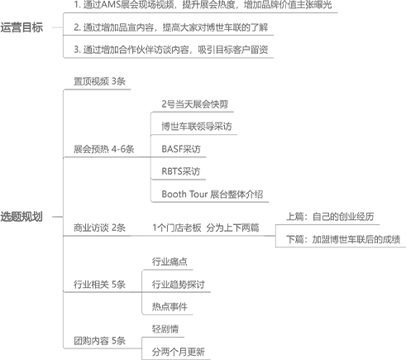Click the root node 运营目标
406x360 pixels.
pyautogui.click(x=21, y=27)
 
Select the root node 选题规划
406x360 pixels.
pyautogui.click(x=21, y=217)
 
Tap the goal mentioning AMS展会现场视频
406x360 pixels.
pyautogui.click(x=203, y=5)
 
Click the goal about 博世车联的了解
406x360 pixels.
pyautogui.click(x=171, y=27)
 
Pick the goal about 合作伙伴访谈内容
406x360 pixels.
pyautogui.click(x=171, y=50)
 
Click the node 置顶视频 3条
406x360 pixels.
pyautogui.click(x=99, y=81)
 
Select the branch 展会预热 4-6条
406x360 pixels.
pyautogui.click(x=104, y=149)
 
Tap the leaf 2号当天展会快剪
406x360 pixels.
pyautogui.click(x=195, y=104)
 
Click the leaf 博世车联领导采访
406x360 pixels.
pyautogui.click(x=197, y=127)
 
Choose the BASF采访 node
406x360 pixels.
pyautogui.click(x=181, y=149)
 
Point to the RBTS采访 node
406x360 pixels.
pyautogui.click(x=181, y=171)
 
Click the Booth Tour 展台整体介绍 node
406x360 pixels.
pyautogui.click(x=213, y=194)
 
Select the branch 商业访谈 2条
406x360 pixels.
pyautogui.click(x=99, y=228)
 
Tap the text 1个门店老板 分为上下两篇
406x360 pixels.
pyautogui.click(x=206, y=228)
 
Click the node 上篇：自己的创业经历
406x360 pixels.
pyautogui.click(x=330, y=217)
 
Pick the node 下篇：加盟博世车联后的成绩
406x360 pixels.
pyautogui.click(x=343, y=239)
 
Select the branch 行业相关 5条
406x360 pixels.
pyautogui.click(x=99, y=284)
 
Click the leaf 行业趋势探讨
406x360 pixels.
pyautogui.click(x=179, y=284)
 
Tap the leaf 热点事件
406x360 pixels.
pyautogui.click(x=170, y=306)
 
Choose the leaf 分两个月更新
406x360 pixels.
pyautogui.click(x=179, y=352)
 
